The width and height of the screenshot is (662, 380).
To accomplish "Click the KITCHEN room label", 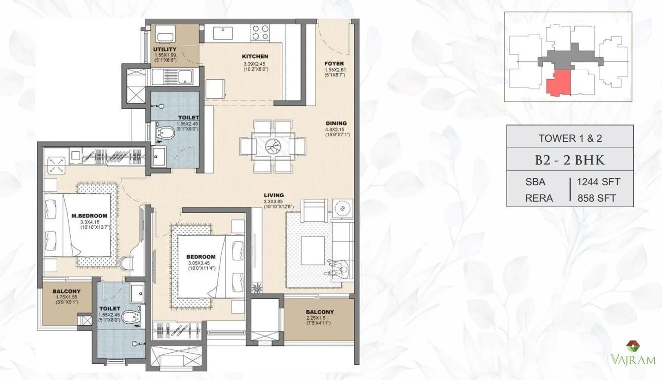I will coord(255,56).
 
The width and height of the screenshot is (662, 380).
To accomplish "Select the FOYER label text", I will coord(334,64).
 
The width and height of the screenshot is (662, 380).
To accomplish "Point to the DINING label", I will coord(336,123).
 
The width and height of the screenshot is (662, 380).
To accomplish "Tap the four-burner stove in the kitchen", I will coord(260,32).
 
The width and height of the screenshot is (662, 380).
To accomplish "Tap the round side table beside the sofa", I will coord(341,209).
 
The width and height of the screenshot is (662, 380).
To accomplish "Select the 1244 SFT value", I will coord(598,182).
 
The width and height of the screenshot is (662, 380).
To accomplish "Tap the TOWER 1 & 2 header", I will coord(570,138).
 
